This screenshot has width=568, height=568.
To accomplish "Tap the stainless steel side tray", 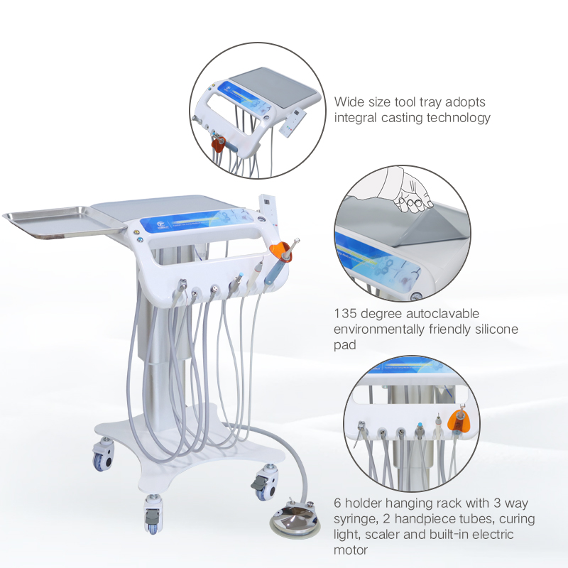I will [60, 222].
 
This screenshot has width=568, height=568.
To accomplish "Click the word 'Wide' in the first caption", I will [350, 102].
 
